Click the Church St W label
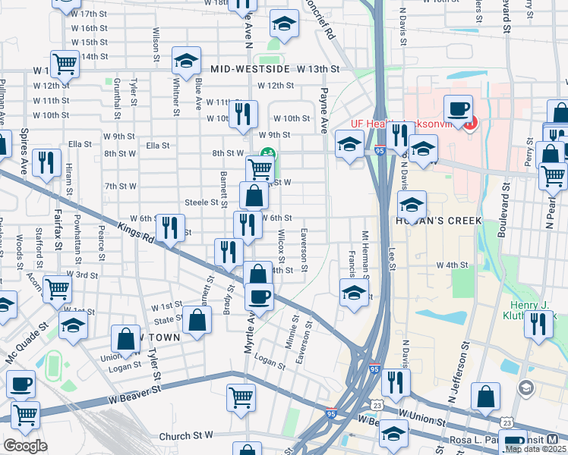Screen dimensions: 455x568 point(186,436)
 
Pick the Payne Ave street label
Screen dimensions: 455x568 point(324,109)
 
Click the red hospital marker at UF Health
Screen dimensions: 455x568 point(470,122)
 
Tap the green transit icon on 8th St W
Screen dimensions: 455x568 point(267,153)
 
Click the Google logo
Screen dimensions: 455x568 point(25,446)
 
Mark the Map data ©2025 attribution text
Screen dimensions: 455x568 point(535,449)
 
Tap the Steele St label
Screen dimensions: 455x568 point(206,202)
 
